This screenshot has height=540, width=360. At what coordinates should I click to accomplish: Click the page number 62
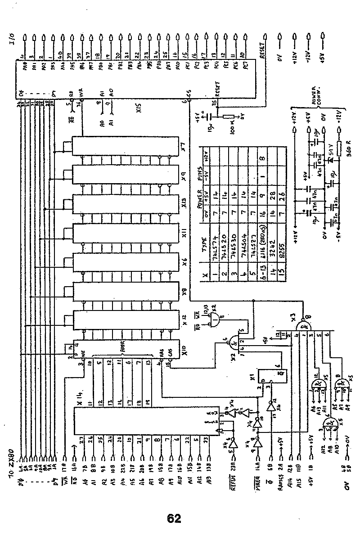click(x=174, y=518)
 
